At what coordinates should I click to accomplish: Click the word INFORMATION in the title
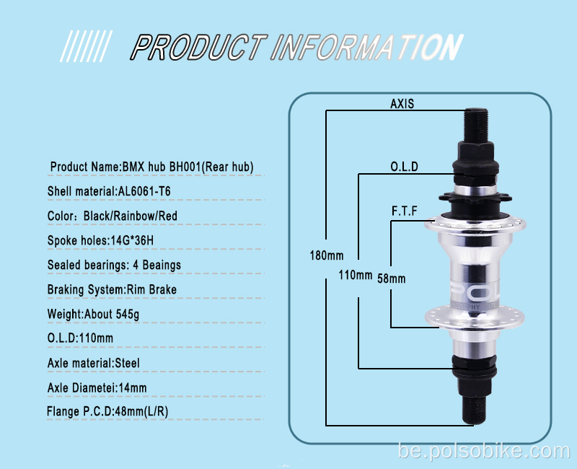coord(366,47)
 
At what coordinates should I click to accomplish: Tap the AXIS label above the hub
coord(402,104)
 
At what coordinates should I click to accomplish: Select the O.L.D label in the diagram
coord(404,167)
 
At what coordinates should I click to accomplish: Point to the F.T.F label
coord(404,211)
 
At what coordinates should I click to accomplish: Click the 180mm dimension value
coord(327,255)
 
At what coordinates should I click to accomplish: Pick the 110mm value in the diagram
coord(355,275)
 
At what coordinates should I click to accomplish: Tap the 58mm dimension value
coord(391,279)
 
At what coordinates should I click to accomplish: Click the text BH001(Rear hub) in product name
coord(211,167)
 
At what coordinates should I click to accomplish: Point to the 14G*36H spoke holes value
coord(132,240)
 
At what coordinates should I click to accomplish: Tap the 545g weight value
coord(128,314)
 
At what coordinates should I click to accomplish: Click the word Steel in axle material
coord(128,364)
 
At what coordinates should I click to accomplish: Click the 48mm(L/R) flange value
coord(141,411)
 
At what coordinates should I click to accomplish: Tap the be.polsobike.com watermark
coord(484,451)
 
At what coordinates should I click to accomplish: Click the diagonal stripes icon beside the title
coord(86,46)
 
